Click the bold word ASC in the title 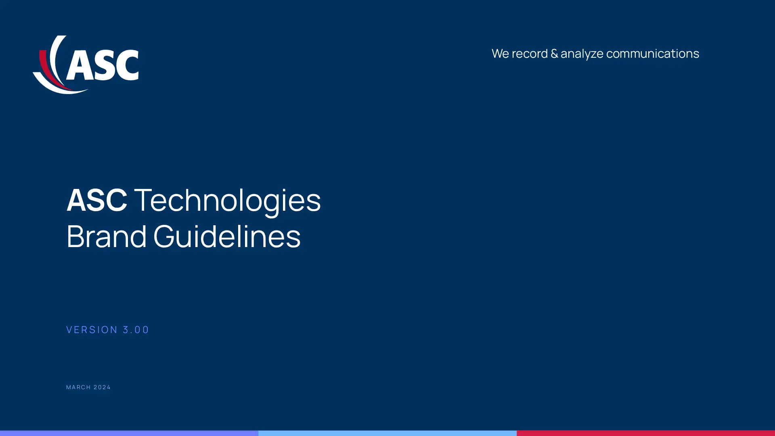click(x=97, y=200)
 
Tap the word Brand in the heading click(x=107, y=236)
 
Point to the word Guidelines click(x=227, y=236)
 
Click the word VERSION click(x=92, y=330)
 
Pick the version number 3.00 click(x=136, y=330)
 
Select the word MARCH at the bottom click(x=79, y=387)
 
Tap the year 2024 click(x=102, y=387)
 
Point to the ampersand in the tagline click(x=554, y=54)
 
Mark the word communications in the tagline click(x=653, y=54)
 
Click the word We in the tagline click(x=500, y=54)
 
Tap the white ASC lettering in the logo click(x=103, y=65)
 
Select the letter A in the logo click(x=78, y=65)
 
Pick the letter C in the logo click(x=127, y=65)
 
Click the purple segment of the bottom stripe click(x=129, y=433)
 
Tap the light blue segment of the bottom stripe click(x=387, y=433)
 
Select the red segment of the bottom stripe click(x=646, y=433)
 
